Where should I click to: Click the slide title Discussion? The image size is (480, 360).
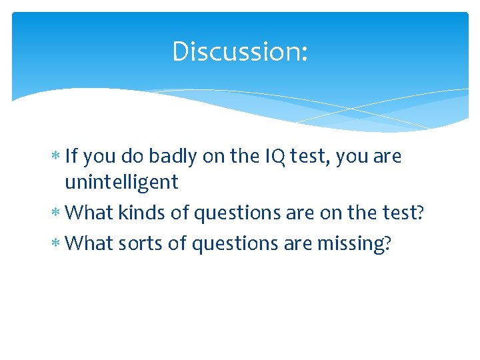240,51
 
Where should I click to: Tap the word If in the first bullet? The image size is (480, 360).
72,157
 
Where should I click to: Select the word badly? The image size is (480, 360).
172,157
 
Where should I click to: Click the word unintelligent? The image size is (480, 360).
121,182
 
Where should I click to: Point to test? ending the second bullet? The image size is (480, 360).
403,213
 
